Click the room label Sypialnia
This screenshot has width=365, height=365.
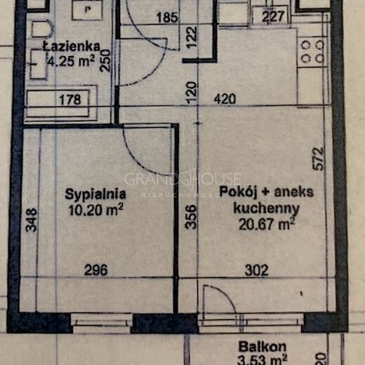tap(95, 194)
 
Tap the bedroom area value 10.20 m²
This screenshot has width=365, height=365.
tap(95, 208)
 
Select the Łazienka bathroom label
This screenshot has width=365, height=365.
tap(71, 46)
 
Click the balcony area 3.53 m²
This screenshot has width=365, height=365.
tap(259, 359)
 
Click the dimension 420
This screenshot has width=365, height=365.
tap(224, 100)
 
